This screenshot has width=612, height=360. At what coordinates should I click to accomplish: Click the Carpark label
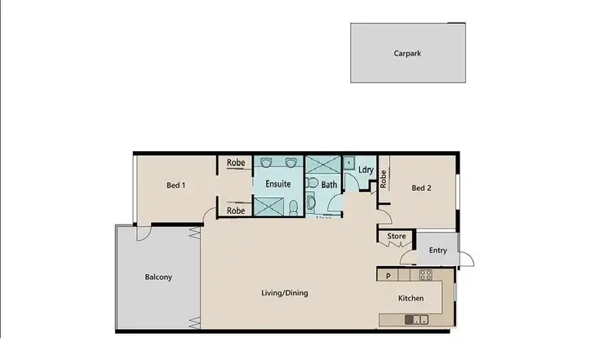tap(406, 54)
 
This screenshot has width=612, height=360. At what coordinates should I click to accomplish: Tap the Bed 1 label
tap(175, 185)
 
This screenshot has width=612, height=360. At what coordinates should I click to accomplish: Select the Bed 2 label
tap(421, 188)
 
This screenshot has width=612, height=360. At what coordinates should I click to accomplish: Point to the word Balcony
tap(158, 277)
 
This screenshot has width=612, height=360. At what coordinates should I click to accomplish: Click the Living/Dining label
tap(284, 293)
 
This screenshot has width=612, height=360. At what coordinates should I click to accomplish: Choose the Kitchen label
tap(410, 298)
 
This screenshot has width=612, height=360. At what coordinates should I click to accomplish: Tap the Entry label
tap(437, 250)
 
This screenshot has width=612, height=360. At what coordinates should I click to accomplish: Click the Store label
tap(397, 237)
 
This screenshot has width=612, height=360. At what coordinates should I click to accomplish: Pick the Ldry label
tap(366, 170)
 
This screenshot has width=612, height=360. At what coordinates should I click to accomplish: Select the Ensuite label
tap(278, 184)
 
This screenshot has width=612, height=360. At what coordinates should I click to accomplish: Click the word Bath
tap(329, 185)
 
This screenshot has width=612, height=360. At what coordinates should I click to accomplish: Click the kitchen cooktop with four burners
tap(425, 276)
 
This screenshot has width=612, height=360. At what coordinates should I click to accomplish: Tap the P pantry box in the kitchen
tap(388, 276)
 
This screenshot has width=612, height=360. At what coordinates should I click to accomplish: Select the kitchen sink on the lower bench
tap(415, 319)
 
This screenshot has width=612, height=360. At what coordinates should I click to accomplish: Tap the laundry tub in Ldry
tap(348, 162)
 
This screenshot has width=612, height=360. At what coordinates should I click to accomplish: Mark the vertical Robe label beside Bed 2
tap(383, 180)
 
